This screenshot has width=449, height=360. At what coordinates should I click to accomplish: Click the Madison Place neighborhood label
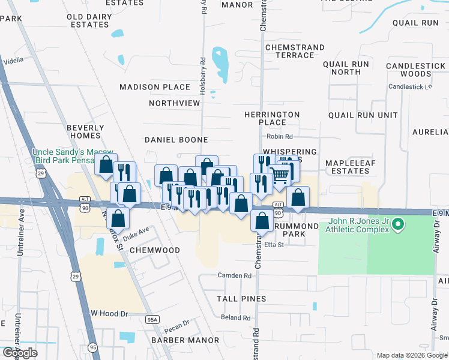tap(155, 87)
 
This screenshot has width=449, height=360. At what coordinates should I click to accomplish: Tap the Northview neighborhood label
tap(174, 103)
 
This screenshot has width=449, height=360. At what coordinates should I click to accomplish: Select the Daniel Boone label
tap(176, 140)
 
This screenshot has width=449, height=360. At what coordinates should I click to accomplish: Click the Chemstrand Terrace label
tap(295, 51)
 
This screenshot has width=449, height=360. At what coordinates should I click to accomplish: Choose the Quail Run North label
tap(350, 68)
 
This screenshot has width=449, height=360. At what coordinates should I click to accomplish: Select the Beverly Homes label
tap(85, 131)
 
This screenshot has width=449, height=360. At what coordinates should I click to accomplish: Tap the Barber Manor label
tap(185, 340)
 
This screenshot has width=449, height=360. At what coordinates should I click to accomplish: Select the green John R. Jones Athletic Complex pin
tap(397, 226)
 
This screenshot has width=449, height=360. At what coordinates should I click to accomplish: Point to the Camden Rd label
tap(234, 275)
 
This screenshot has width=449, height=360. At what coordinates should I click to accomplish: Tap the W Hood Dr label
tap(110, 313)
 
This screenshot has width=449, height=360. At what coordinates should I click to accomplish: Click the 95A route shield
tap(152, 320)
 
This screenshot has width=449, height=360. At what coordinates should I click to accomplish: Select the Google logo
tap(20, 353)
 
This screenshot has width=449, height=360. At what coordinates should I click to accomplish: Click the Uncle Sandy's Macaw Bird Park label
tap(74, 157)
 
